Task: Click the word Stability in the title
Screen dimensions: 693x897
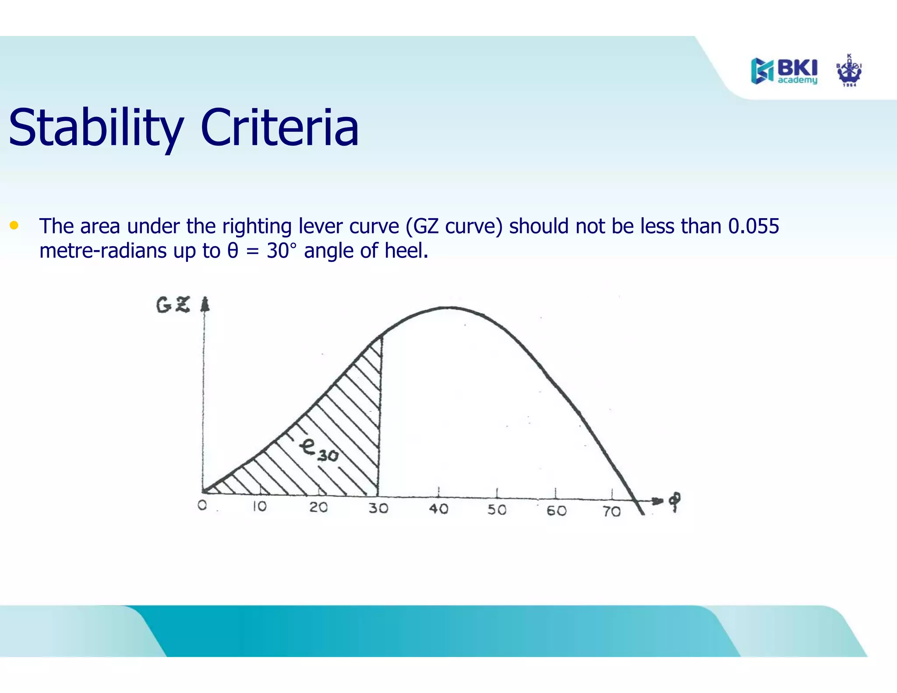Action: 95,128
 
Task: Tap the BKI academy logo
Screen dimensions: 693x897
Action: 784,71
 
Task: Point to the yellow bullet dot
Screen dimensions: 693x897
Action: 14,226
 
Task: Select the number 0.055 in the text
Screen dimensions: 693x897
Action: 753,226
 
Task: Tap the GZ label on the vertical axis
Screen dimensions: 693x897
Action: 173,305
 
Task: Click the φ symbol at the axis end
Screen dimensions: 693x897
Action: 675,501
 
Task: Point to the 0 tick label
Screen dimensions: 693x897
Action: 202,505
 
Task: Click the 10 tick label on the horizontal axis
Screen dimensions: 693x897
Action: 259,506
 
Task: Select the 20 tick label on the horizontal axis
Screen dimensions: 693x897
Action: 318,507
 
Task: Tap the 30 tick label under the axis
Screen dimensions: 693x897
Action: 378,508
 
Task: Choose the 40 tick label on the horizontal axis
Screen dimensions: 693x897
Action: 438,509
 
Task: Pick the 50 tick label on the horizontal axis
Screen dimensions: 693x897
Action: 497,510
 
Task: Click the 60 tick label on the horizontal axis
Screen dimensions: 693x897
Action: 556,511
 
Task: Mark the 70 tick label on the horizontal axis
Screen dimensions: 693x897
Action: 611,512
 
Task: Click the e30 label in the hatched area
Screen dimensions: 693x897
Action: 319,451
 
